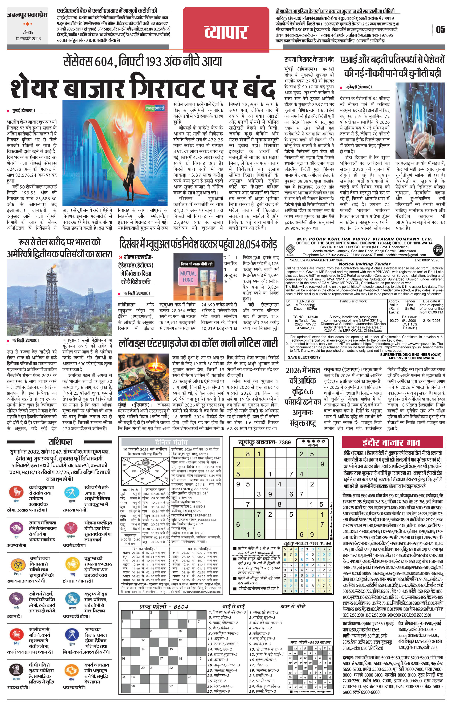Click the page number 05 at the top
pyautogui.click(x=440, y=30)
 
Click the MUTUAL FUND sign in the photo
pyautogui.click(x=188, y=276)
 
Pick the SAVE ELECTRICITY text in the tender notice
pyautogui.click(x=304, y=357)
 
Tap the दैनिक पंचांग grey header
pyautogui.click(x=171, y=442)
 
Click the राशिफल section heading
pyautogui.click(x=60, y=442)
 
